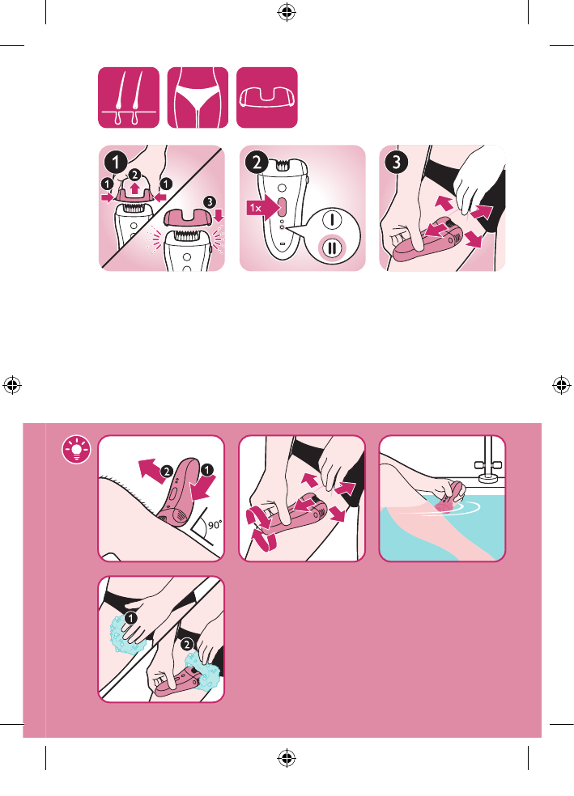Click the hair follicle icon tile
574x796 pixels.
click(x=129, y=97)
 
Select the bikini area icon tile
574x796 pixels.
click(x=198, y=97)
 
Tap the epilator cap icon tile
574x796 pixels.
click(x=266, y=97)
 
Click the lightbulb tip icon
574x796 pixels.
click(x=77, y=449)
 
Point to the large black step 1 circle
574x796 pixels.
click(x=116, y=163)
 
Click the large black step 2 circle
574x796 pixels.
click(x=257, y=163)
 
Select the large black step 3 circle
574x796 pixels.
click(x=397, y=163)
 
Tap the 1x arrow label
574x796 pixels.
click(x=263, y=208)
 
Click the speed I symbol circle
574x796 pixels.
click(x=332, y=219)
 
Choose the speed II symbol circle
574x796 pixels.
click(x=332, y=249)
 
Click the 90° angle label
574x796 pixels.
click(x=215, y=524)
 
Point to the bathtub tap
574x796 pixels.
click(x=487, y=462)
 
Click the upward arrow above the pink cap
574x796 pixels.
click(x=134, y=188)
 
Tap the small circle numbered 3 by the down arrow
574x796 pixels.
click(x=210, y=202)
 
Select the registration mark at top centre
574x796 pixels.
click(x=287, y=11)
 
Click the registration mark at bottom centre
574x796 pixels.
click(x=287, y=758)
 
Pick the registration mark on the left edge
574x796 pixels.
click(x=12, y=385)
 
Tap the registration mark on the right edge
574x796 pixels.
click(x=561, y=385)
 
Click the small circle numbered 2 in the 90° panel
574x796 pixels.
click(x=167, y=472)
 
